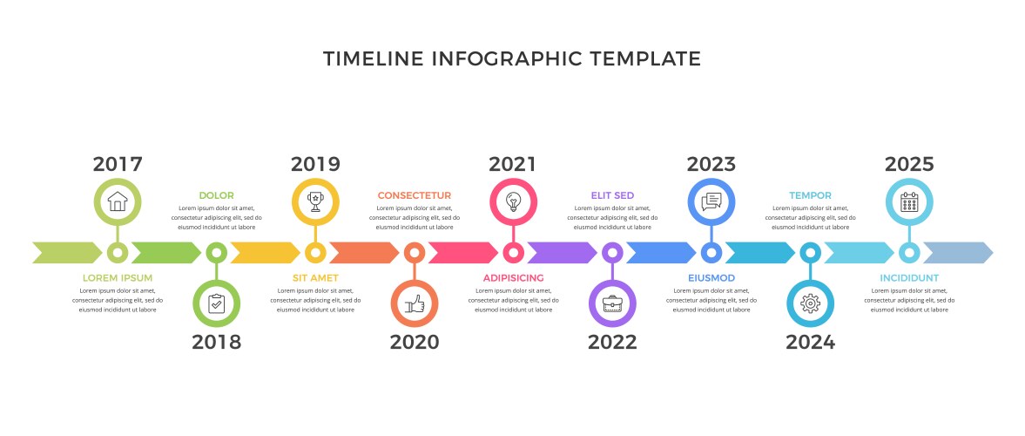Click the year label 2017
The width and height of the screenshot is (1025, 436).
pos(118,164)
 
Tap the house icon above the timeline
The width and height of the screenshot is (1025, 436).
pos(118,201)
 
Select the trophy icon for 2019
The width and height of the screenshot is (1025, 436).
pos(316,201)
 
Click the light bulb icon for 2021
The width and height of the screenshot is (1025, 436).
pos(513,201)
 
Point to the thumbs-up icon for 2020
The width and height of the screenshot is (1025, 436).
pos(415,303)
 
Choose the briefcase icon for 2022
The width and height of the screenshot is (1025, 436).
pos(612,303)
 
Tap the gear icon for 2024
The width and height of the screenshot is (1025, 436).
pos(811,303)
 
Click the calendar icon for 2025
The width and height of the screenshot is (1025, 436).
pos(909,201)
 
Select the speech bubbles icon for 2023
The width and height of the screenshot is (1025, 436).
pos(711,201)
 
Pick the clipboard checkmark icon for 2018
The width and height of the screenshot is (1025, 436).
pos(216,303)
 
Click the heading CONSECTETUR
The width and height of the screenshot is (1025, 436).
pos(415,195)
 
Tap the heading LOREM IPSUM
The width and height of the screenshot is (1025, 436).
pos(118,278)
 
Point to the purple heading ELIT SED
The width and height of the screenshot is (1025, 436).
pos(612,195)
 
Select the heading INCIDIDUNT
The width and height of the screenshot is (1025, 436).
pos(909,278)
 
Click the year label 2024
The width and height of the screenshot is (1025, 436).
pos(811,342)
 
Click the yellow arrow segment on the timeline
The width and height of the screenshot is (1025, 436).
pos(266,253)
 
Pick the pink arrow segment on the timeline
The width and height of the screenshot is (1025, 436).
pos(463,253)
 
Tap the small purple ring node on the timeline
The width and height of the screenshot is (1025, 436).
pos(612,253)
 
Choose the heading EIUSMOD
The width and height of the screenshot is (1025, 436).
pos(711,278)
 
